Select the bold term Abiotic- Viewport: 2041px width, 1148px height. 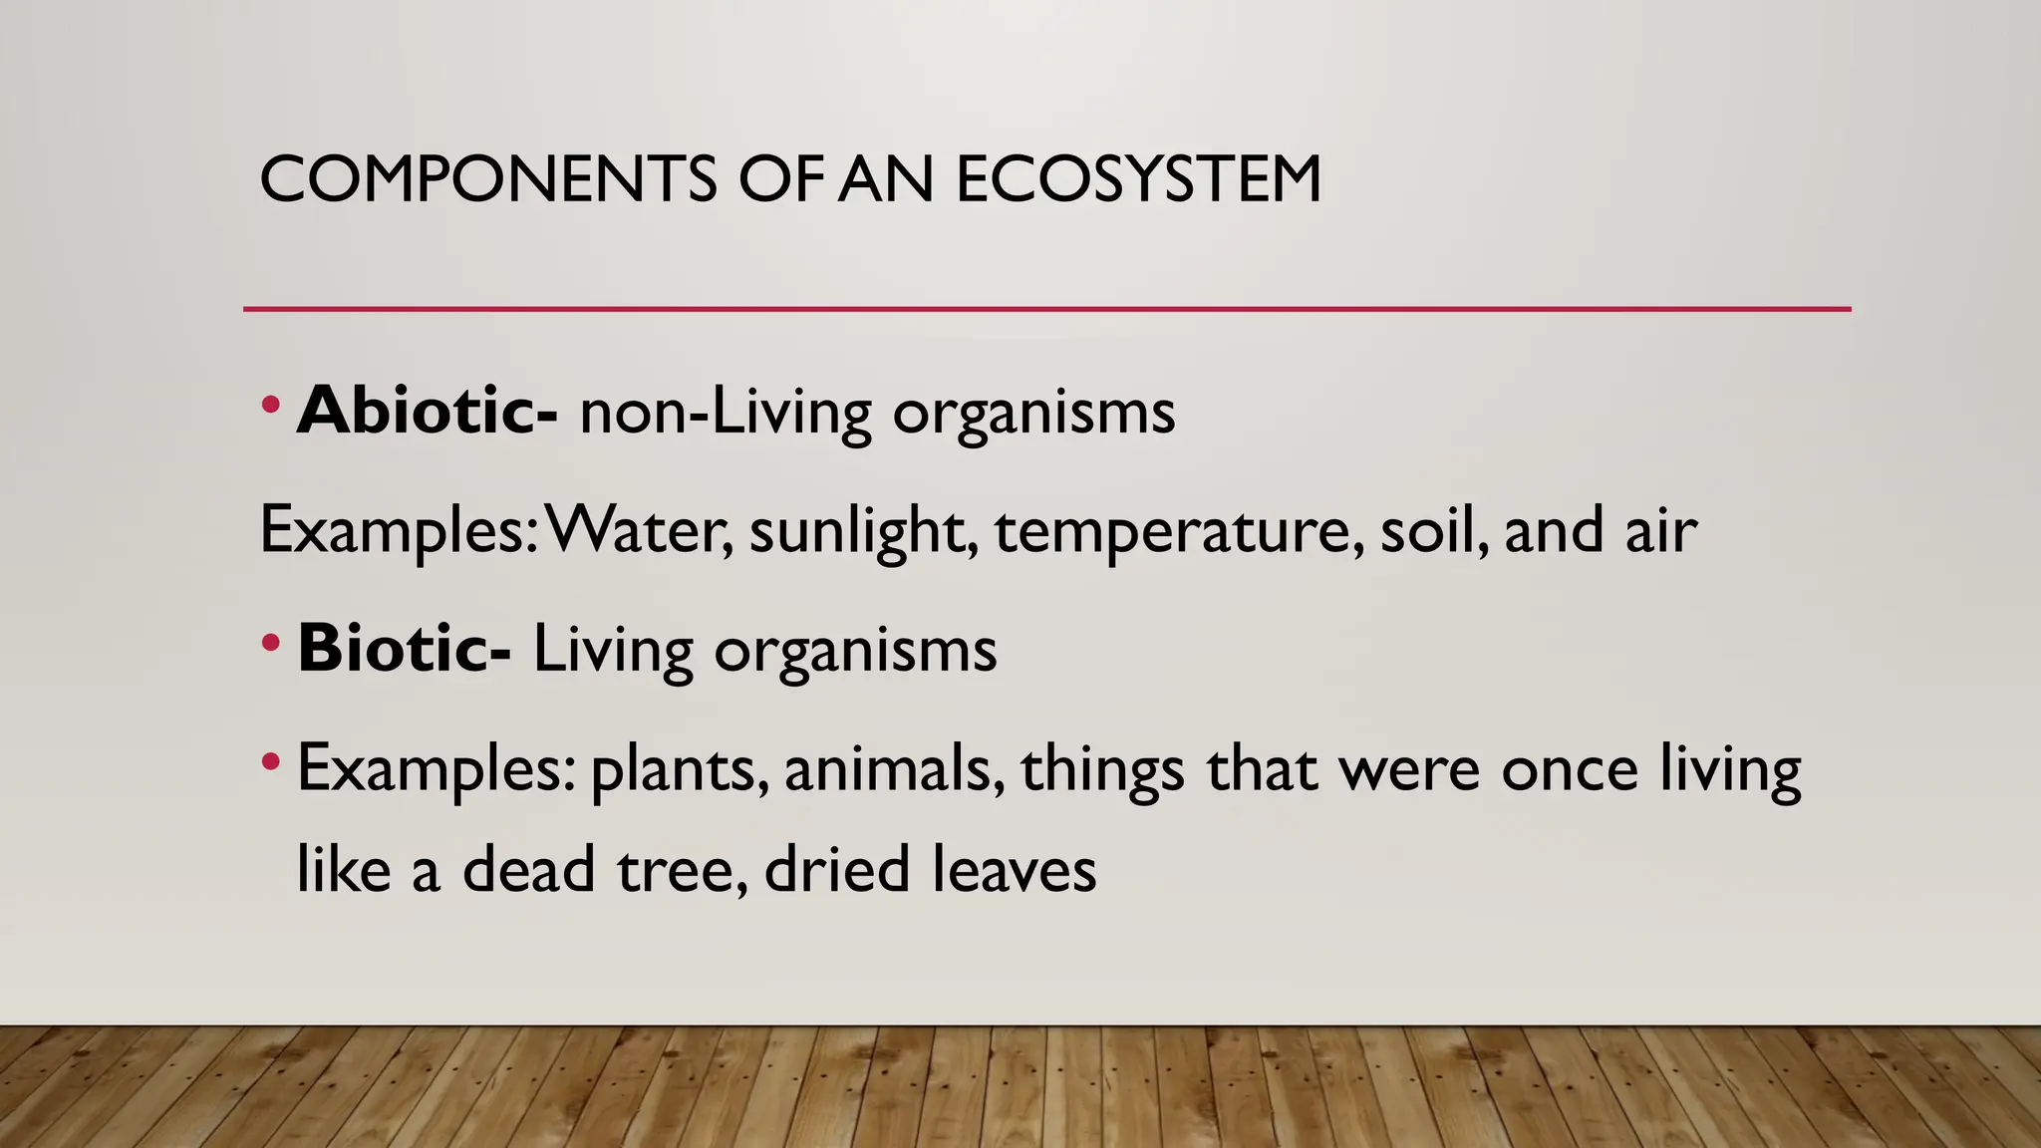pos(427,411)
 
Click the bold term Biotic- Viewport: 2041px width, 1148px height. pos(404,649)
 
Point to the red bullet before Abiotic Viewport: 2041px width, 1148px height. pos(269,405)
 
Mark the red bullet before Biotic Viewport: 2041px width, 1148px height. pos(269,643)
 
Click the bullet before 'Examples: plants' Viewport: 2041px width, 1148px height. pos(269,763)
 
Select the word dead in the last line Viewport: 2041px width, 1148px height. pos(528,869)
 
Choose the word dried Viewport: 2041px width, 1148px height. pos(837,869)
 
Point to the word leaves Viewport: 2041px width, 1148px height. pos(1014,869)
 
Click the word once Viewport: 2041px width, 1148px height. pos(1570,768)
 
